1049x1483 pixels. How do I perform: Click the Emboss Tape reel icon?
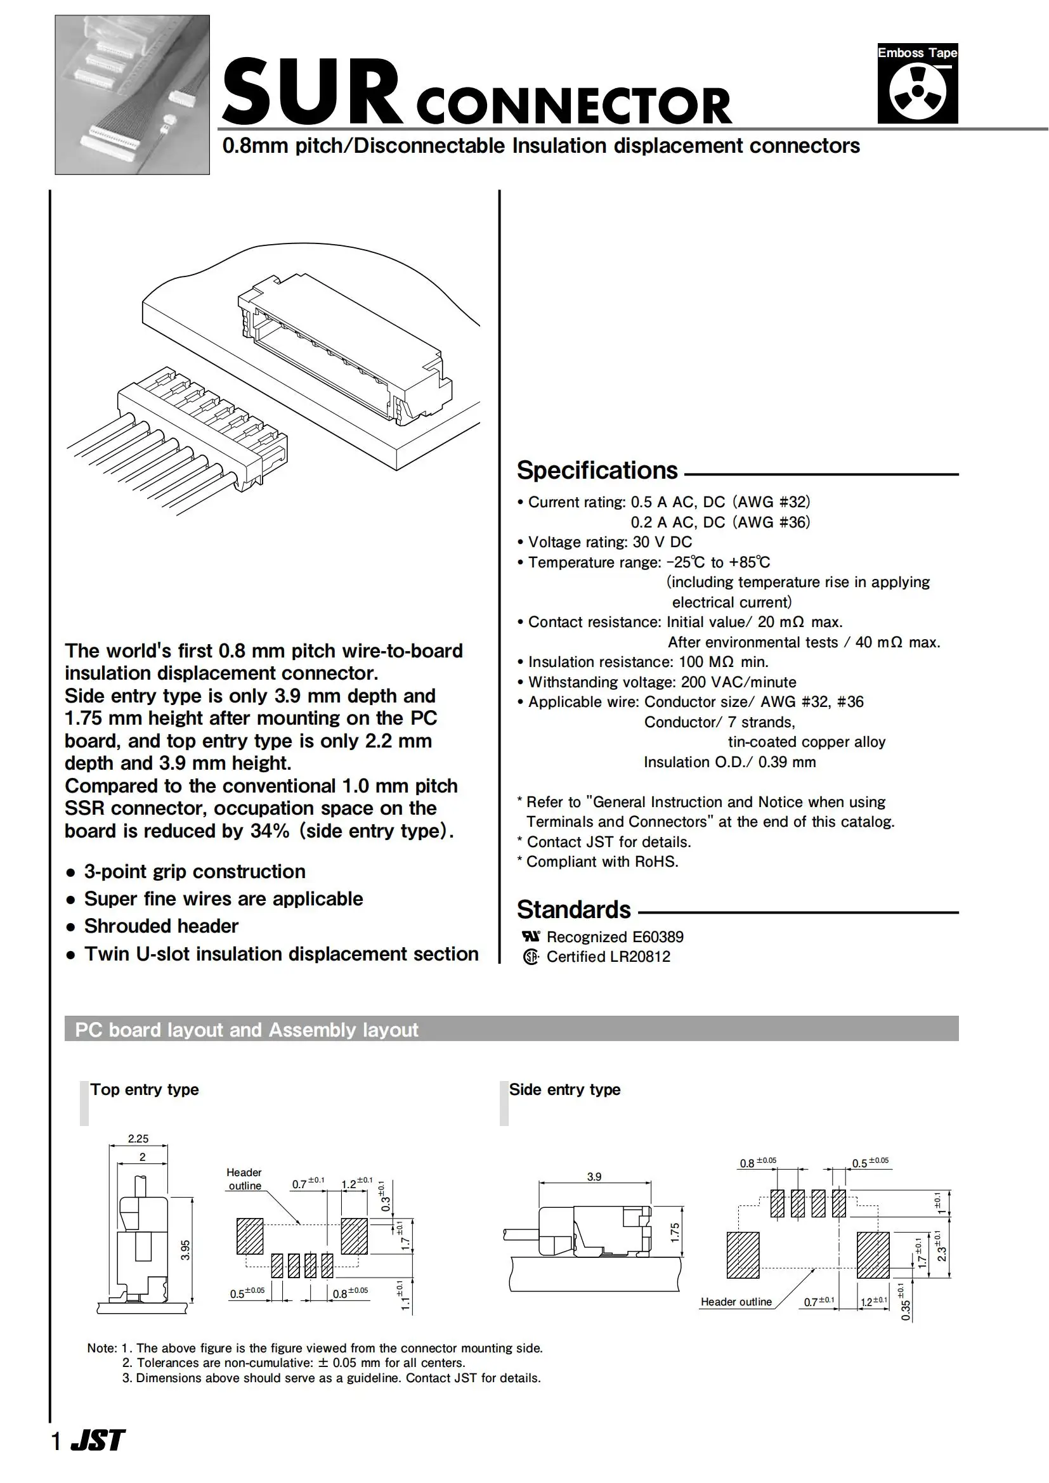pyautogui.click(x=917, y=92)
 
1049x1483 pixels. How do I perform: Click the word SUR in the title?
pyautogui.click(x=312, y=93)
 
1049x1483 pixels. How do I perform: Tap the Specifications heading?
pyautogui.click(x=597, y=470)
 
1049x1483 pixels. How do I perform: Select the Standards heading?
pyautogui.click(x=573, y=909)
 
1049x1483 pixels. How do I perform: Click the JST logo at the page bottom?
pyautogui.click(x=98, y=1441)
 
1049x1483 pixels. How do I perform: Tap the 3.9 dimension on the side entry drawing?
pyautogui.click(x=594, y=1177)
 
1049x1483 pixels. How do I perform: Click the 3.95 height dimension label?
pyautogui.click(x=186, y=1250)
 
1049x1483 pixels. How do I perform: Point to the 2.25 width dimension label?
pyautogui.click(x=138, y=1138)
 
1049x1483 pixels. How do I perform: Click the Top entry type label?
pyautogui.click(x=144, y=1090)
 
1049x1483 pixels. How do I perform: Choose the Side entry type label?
pyautogui.click(x=564, y=1090)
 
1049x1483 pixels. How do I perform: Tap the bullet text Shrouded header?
pyautogui.click(x=161, y=926)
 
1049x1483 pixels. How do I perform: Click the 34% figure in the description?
pyautogui.click(x=270, y=831)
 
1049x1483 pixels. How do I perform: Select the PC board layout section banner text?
pyautogui.click(x=246, y=1030)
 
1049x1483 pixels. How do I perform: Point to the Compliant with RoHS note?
pyautogui.click(x=602, y=862)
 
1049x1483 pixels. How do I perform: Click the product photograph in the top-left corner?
pyautogui.click(x=132, y=94)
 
